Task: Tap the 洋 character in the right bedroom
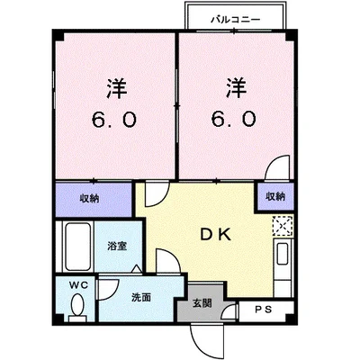[236, 89]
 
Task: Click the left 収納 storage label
[89, 197]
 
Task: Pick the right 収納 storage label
[274, 197]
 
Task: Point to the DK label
[216, 236]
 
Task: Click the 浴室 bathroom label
[117, 245]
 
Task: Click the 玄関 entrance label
[202, 301]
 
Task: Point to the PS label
[263, 311]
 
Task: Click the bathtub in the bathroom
[75, 244]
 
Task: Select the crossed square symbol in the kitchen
[283, 225]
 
